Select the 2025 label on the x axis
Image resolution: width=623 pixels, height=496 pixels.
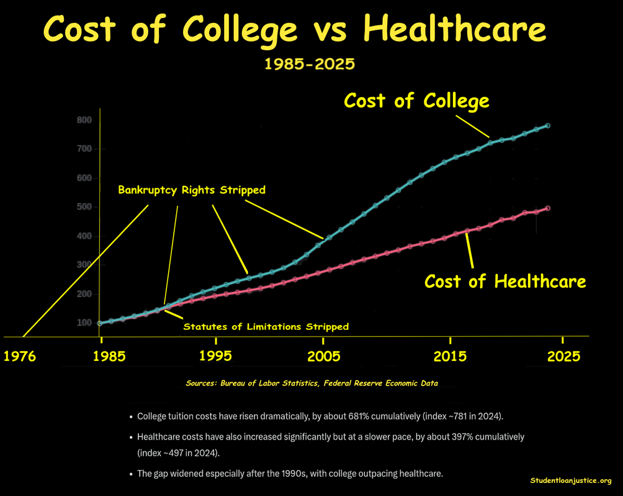click(x=563, y=356)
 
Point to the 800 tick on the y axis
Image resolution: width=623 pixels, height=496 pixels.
click(x=84, y=120)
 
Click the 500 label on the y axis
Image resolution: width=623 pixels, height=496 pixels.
click(x=84, y=207)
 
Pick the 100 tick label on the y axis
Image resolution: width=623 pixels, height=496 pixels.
click(x=84, y=323)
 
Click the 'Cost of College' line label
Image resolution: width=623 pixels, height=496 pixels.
click(x=416, y=100)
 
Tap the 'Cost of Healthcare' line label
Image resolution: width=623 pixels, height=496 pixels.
click(x=504, y=281)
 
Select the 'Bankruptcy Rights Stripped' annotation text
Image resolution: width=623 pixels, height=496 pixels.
click(x=192, y=190)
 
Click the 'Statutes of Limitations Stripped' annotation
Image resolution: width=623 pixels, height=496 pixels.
click(x=266, y=326)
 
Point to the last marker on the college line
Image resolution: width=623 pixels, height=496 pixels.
click(x=548, y=126)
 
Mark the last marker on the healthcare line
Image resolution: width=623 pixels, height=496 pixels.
click(x=548, y=208)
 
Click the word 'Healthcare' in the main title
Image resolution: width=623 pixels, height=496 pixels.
click(x=455, y=29)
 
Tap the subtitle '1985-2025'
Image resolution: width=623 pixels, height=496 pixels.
click(x=310, y=64)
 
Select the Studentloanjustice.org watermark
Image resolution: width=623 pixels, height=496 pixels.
click(x=571, y=480)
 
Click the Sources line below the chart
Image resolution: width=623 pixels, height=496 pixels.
click(x=311, y=383)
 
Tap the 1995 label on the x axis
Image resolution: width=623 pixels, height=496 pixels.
click(x=215, y=356)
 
